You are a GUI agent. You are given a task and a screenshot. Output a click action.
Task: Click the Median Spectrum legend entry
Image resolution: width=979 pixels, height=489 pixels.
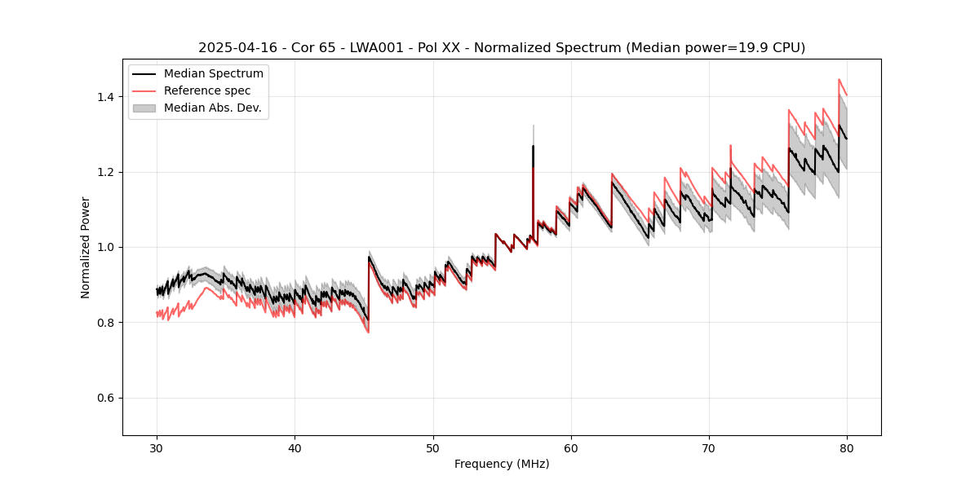coord(213,74)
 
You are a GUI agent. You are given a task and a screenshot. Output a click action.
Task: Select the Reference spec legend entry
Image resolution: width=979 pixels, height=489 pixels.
coord(206,90)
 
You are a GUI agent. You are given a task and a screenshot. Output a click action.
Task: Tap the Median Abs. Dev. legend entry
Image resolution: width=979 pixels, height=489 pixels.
coord(212,108)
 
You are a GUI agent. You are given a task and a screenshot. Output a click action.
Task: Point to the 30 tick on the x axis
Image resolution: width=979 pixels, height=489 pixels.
coord(157,447)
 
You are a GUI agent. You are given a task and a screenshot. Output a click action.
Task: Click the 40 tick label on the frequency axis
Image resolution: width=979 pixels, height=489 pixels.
coord(295,447)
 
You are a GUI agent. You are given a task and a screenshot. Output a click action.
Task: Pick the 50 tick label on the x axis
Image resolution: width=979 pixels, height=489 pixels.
coord(433,447)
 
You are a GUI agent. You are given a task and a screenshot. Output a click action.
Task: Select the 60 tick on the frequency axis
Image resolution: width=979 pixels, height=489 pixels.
coord(571,447)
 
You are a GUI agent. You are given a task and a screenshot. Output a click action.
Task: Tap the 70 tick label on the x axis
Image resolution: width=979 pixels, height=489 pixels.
coord(709,447)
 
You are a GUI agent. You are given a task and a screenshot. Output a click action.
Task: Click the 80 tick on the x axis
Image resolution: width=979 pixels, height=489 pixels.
coord(847,447)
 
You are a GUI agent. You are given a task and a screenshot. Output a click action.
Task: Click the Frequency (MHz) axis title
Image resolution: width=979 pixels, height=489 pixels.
coord(502,464)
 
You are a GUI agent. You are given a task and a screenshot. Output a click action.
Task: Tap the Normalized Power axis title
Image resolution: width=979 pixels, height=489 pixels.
coord(86,247)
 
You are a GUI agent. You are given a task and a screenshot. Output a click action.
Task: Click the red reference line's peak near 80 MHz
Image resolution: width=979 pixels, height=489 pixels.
coord(839,80)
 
